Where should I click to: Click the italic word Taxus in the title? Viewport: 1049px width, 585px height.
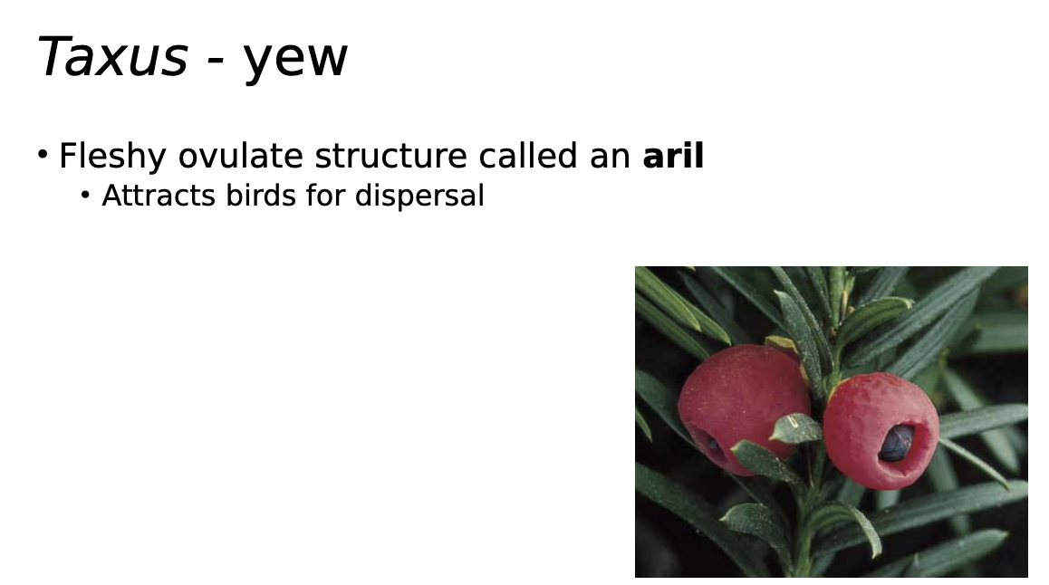pos(111,56)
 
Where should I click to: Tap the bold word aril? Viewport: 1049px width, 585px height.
pos(673,156)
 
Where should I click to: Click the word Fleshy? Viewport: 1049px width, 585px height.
pos(112,157)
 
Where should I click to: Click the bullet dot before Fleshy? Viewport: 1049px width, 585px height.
pos(43,155)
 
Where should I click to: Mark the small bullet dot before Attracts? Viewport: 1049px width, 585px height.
pos(86,195)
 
